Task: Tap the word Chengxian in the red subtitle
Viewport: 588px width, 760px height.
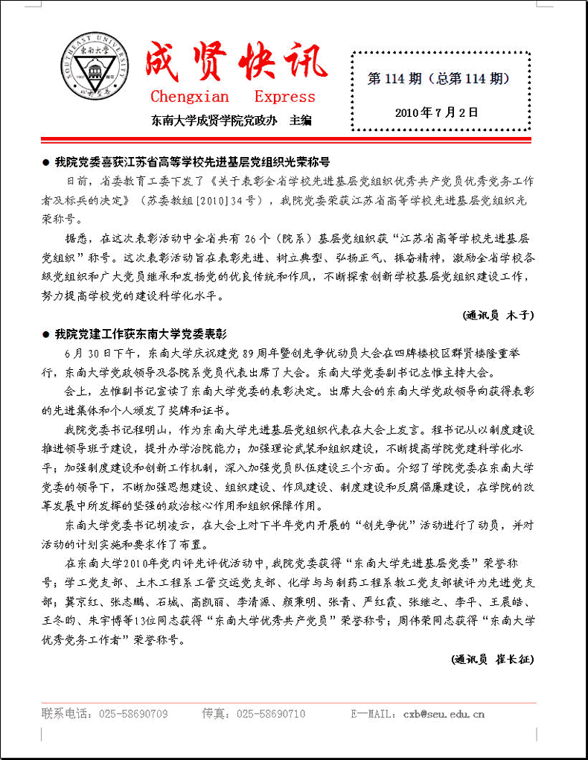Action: (x=190, y=97)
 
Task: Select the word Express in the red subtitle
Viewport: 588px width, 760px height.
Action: (x=284, y=97)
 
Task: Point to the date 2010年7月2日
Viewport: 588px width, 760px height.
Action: (x=437, y=112)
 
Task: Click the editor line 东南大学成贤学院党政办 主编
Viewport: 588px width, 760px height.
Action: (x=231, y=120)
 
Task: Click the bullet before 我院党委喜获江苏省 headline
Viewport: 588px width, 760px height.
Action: (x=46, y=162)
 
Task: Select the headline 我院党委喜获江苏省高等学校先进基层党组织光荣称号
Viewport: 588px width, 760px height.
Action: (x=192, y=162)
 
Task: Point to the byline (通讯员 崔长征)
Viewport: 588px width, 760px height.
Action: (x=492, y=659)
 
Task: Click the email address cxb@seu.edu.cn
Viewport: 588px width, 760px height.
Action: (x=444, y=715)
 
